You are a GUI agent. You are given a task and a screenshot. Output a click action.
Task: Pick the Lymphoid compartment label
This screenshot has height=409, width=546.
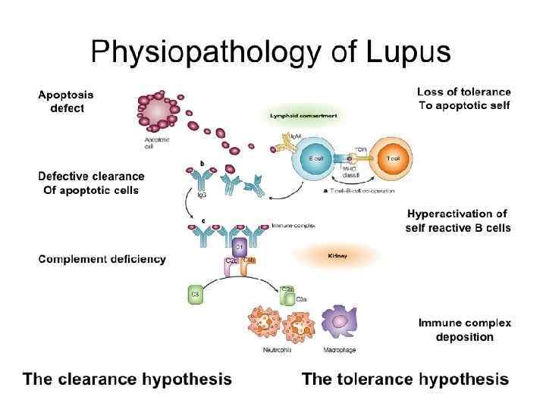coord(303,117)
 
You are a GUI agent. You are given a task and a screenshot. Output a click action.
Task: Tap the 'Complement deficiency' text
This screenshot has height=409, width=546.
coord(102,259)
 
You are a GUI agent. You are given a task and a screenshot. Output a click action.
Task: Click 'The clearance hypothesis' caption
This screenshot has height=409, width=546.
coord(127,379)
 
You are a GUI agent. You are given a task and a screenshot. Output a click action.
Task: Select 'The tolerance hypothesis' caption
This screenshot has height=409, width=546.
coord(405,379)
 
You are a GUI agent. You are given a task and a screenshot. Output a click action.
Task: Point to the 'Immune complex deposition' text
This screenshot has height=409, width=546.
coord(464,329)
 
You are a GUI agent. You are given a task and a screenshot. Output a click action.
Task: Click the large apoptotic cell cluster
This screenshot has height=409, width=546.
coord(158,116)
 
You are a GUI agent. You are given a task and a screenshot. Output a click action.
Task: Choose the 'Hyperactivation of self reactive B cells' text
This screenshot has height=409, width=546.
coord(459,220)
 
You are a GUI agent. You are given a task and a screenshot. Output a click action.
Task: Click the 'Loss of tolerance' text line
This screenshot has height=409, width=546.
coord(463,92)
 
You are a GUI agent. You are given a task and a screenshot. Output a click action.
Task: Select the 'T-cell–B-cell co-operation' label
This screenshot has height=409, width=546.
coord(360,192)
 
